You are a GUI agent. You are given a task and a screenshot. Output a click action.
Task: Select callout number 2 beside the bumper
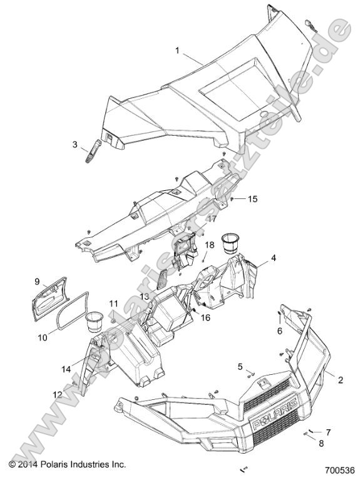pyautogui.click(x=324, y=379)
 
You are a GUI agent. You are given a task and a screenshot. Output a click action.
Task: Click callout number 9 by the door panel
pyautogui.click(x=36, y=281)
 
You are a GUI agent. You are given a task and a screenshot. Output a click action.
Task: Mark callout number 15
pyautogui.click(x=252, y=200)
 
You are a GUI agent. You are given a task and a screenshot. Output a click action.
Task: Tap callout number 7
pyautogui.click(x=328, y=432)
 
